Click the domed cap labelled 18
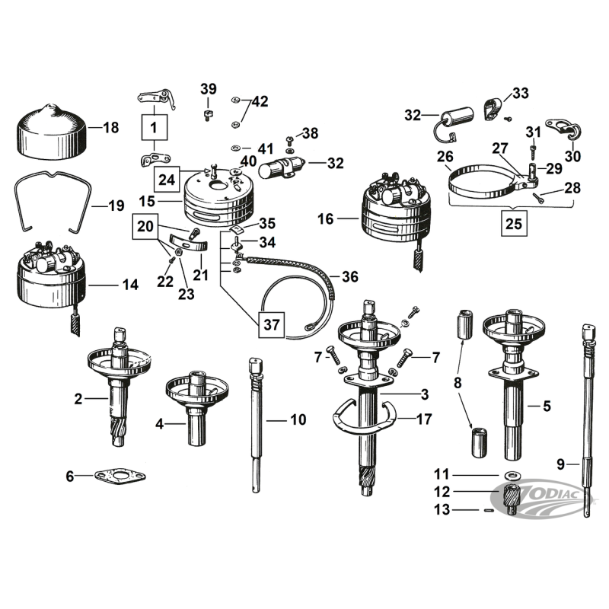point(52,132)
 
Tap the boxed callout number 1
point(155,127)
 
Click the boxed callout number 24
point(167,180)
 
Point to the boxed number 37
point(272,325)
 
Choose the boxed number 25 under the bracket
point(514,223)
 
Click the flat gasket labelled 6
point(120,477)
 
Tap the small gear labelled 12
point(512,499)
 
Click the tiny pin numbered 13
point(489,510)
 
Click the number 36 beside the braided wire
point(350,277)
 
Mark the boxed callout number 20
point(145,226)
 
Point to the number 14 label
point(130,285)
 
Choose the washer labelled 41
point(236,148)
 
